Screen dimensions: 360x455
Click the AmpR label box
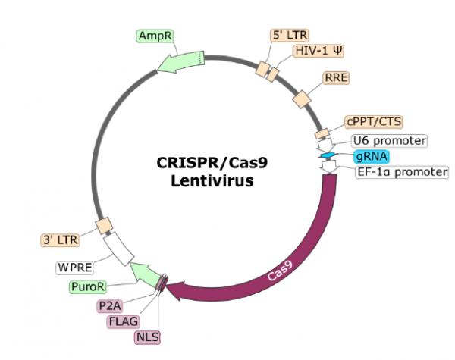[x=155, y=36]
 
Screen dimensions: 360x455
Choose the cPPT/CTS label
[x=373, y=121]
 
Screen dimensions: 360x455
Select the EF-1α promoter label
[x=402, y=173]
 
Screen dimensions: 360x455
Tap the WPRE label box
[x=75, y=268]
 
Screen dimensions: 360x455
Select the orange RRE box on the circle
[x=303, y=99]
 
